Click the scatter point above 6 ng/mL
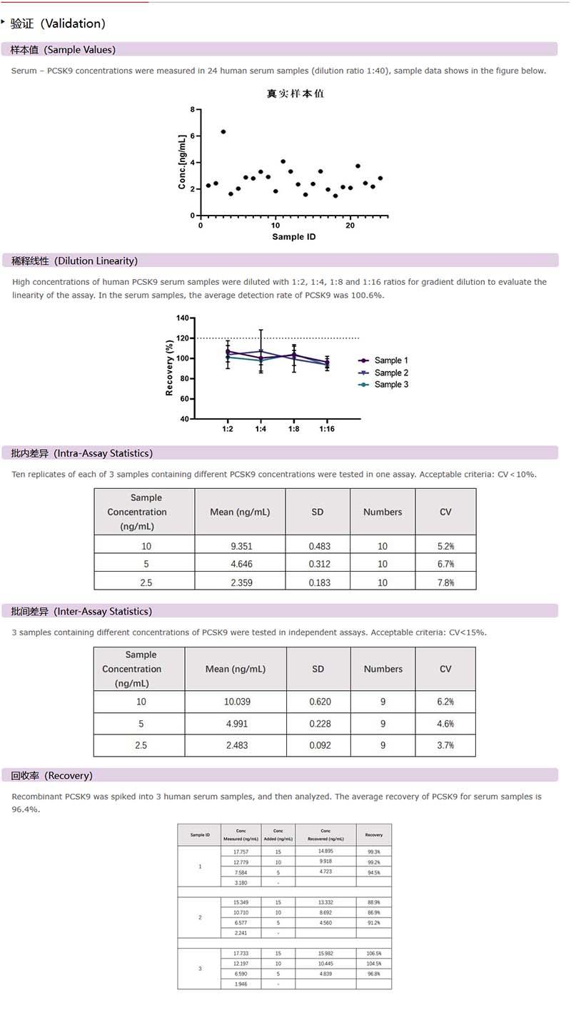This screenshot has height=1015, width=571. pyautogui.click(x=223, y=131)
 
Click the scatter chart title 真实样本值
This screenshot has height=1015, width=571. pyautogui.click(x=295, y=94)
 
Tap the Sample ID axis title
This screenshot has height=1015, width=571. pyautogui.click(x=293, y=236)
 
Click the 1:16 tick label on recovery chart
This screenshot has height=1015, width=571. pyautogui.click(x=327, y=429)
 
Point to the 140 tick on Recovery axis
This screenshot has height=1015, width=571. pyautogui.click(x=183, y=318)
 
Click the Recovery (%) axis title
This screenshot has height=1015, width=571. pyautogui.click(x=169, y=368)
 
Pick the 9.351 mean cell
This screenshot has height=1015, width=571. pyautogui.click(x=240, y=546)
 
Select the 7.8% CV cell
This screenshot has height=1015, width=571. pyautogui.click(x=445, y=582)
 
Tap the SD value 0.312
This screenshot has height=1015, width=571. pyautogui.click(x=319, y=564)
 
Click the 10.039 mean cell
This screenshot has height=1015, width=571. pyautogui.click(x=237, y=702)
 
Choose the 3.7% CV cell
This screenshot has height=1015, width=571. pyautogui.click(x=445, y=745)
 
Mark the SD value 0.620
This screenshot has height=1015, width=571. pyautogui.click(x=320, y=702)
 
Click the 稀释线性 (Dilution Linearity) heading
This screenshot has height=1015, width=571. pyautogui.click(x=75, y=261)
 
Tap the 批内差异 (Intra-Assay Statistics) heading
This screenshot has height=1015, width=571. pyautogui.click(x=82, y=453)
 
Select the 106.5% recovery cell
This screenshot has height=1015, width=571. pyautogui.click(x=373, y=954)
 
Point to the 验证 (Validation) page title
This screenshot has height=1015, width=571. pyautogui.click(x=59, y=24)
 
